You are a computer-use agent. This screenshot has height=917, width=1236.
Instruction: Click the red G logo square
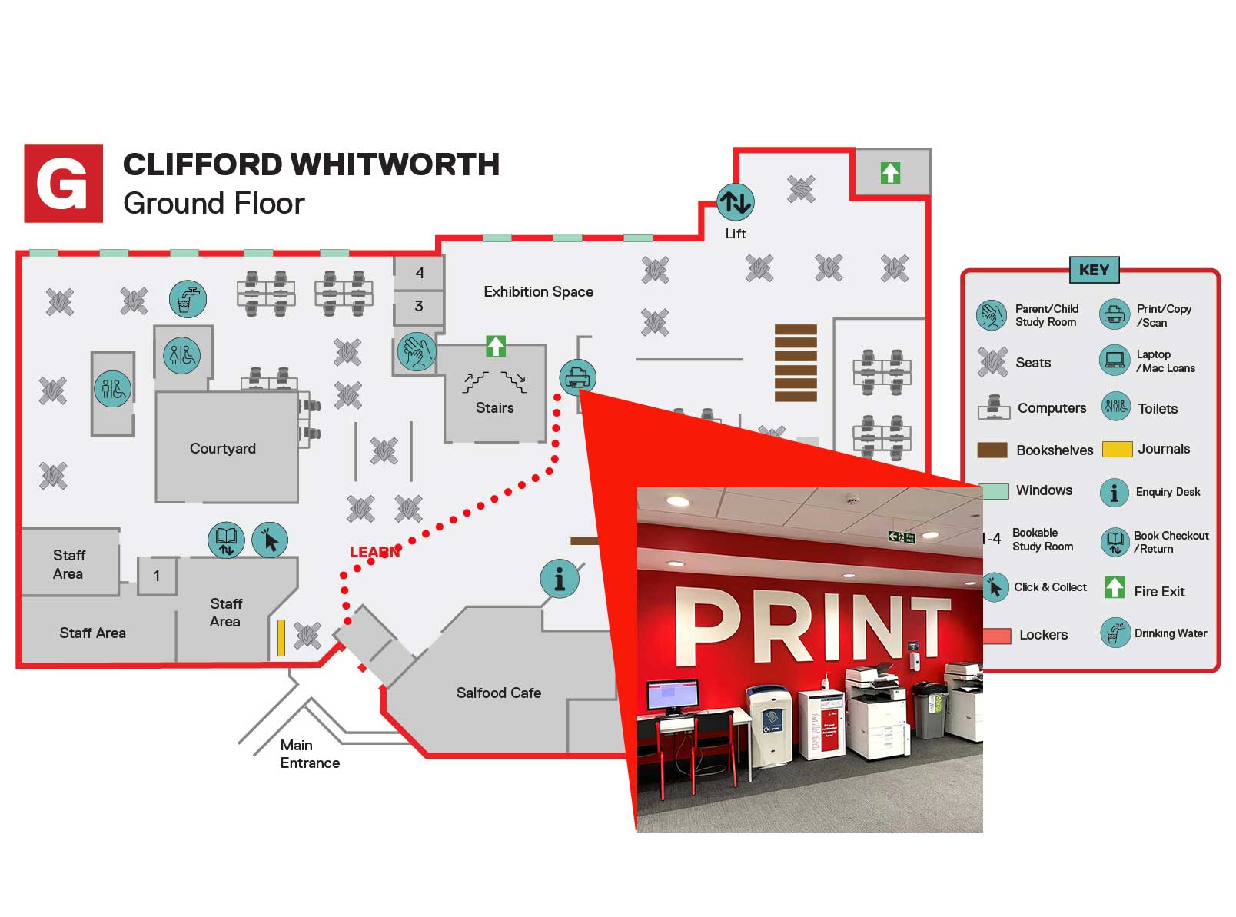pyautogui.click(x=63, y=183)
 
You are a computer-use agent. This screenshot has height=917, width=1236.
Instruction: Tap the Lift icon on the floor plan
pyautogui.click(x=735, y=202)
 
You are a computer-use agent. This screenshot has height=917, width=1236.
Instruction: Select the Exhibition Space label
pyautogui.click(x=538, y=292)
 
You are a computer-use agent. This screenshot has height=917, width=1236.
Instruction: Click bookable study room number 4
pyautogui.click(x=419, y=273)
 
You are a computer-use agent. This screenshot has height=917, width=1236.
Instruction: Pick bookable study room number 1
pyautogui.click(x=157, y=576)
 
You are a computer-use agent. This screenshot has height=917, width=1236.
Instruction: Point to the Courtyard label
pyautogui.click(x=223, y=448)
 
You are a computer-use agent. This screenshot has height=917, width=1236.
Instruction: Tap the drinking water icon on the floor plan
pyautogui.click(x=188, y=299)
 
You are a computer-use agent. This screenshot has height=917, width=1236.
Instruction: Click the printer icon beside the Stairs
pyautogui.click(x=577, y=377)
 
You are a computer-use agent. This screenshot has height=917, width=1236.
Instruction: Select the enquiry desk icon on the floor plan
pyautogui.click(x=559, y=579)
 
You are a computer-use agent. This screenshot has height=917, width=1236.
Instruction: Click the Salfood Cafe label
pyautogui.click(x=498, y=693)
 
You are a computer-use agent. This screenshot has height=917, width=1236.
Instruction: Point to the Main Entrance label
pyautogui.click(x=309, y=754)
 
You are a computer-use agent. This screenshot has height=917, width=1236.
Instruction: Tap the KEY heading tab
pyautogui.click(x=1093, y=270)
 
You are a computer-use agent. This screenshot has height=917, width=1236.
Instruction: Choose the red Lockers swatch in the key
pyautogui.click(x=996, y=636)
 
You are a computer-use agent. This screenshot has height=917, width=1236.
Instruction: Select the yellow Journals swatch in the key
pyautogui.click(x=1117, y=449)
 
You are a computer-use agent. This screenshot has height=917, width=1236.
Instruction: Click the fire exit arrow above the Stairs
pyautogui.click(x=496, y=346)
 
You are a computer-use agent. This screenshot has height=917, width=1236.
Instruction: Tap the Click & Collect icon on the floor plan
pyautogui.click(x=269, y=540)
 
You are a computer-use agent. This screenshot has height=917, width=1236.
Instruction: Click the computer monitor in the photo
pyautogui.click(x=673, y=696)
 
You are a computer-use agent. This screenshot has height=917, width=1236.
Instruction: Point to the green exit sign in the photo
pyautogui.click(x=901, y=537)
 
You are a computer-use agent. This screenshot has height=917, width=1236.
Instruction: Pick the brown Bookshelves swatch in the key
pyautogui.click(x=992, y=450)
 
